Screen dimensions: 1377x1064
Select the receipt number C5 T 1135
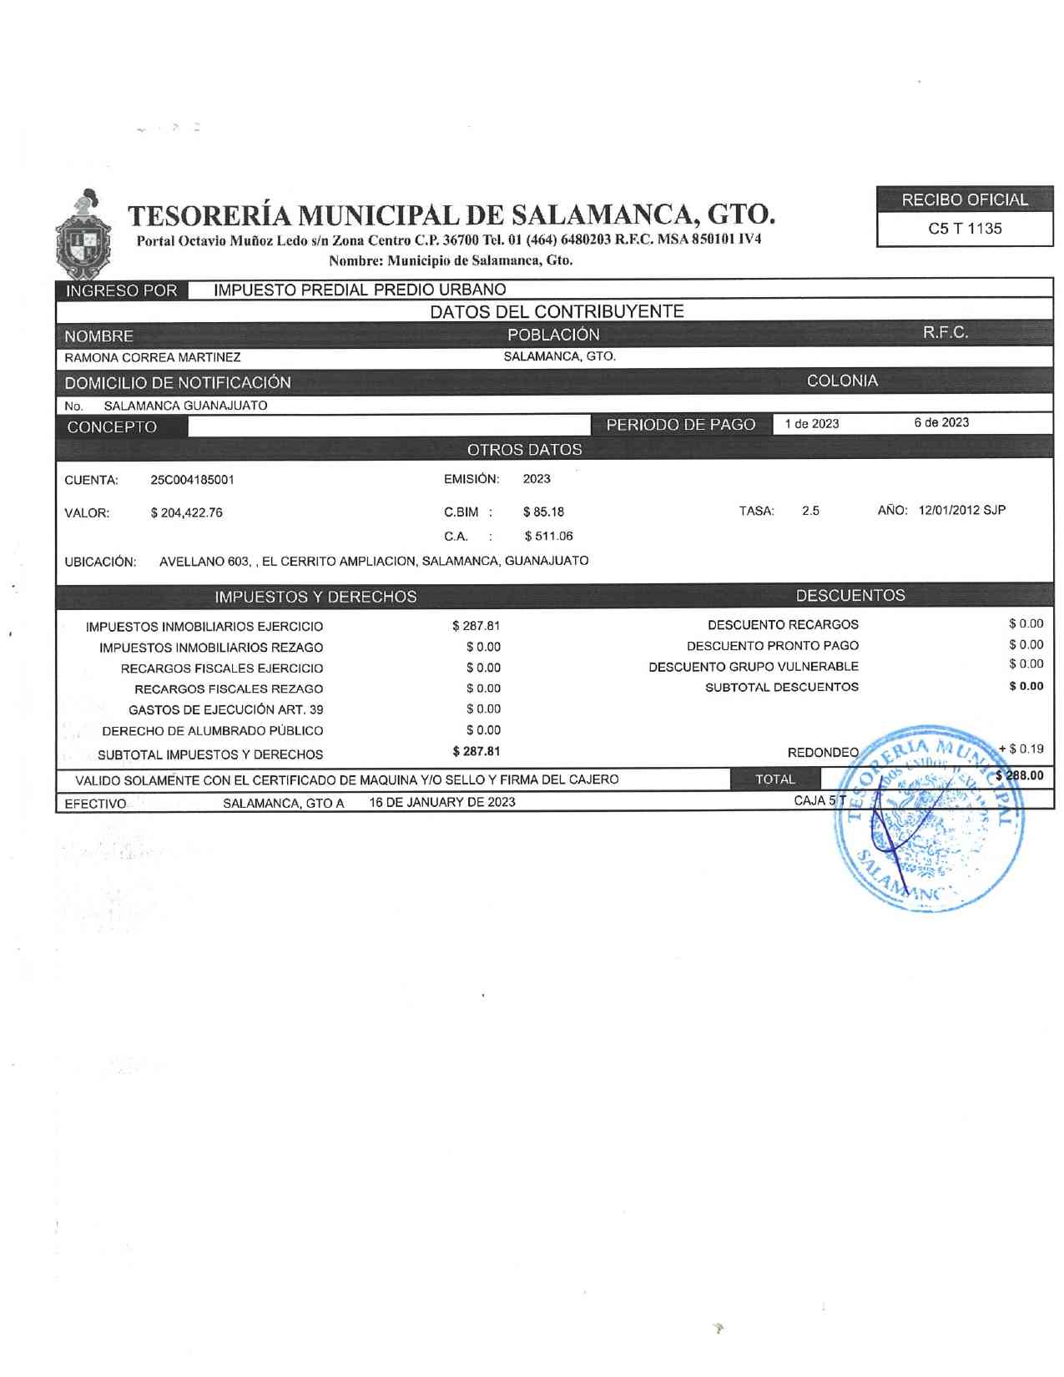(965, 229)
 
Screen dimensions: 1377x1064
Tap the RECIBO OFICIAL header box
(965, 200)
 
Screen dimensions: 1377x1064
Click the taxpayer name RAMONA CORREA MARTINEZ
(153, 357)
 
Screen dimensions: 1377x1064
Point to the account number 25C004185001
(192, 480)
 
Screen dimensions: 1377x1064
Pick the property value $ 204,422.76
(186, 512)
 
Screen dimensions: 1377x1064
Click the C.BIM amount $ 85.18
(543, 512)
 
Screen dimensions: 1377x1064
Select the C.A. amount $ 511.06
(548, 536)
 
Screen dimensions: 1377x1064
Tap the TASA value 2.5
(810, 511)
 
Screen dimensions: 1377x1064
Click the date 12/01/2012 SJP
(961, 510)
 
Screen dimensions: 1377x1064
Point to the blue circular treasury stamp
(930, 818)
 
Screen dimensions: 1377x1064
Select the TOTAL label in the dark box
(775, 779)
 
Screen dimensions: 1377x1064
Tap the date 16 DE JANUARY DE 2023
(442, 802)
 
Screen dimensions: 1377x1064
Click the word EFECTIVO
(96, 804)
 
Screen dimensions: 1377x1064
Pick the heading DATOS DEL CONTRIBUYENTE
(557, 311)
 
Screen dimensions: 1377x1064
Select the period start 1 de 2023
(811, 423)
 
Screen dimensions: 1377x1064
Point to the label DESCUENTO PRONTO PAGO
(772, 645)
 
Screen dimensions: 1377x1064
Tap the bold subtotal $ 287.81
(477, 751)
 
